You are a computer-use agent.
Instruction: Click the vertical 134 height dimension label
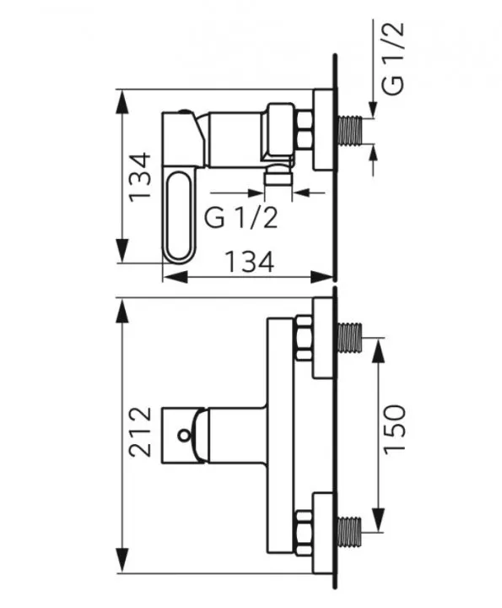(x=140, y=176)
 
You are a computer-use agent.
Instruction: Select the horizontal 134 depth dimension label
(x=250, y=262)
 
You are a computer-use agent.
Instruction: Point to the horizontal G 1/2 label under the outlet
(x=241, y=218)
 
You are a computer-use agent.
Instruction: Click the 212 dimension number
(x=140, y=432)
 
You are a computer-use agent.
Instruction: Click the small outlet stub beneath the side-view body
(x=276, y=176)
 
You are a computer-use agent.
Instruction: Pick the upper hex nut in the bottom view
(x=303, y=338)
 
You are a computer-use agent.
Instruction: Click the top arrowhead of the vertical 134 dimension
(x=123, y=100)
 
